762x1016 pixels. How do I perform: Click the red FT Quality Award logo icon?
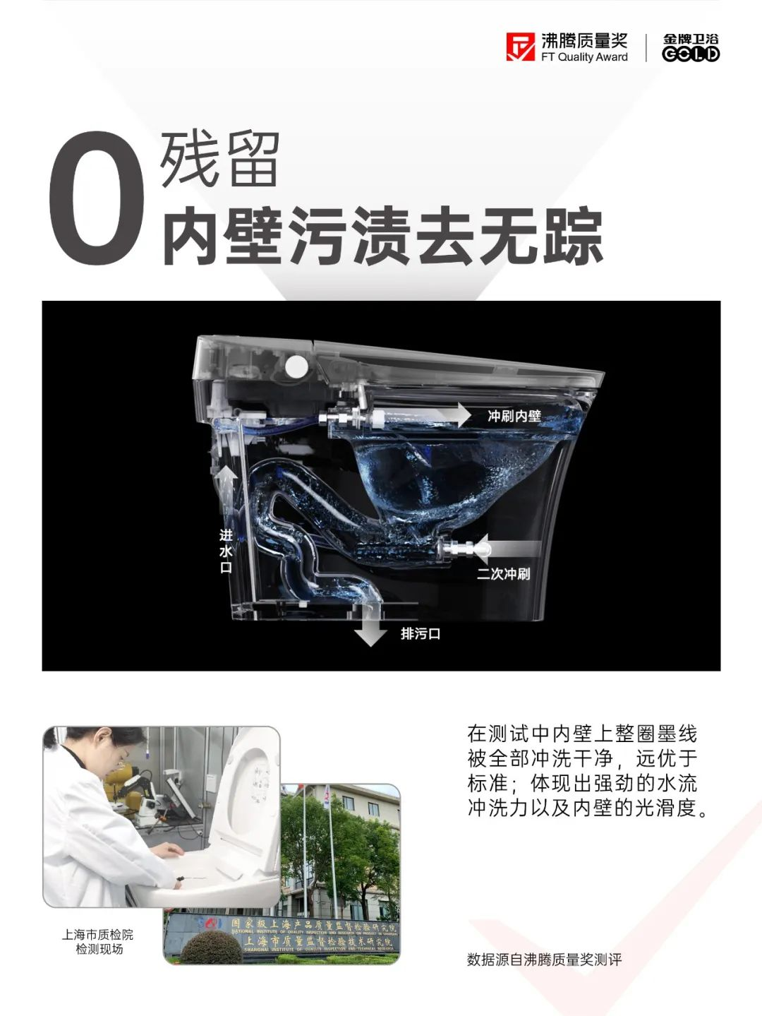tap(521, 47)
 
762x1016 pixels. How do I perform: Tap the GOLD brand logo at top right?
tap(691, 47)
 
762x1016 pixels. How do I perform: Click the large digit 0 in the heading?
tap(97, 199)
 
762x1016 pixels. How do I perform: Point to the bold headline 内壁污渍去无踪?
tap(382, 236)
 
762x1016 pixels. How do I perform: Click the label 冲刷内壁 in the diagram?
tap(514, 417)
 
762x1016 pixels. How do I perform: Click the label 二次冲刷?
tap(503, 573)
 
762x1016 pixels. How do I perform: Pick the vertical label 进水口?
tap(226, 551)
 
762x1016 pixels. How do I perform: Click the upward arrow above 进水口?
tap(226, 484)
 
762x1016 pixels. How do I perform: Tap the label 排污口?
tap(421, 634)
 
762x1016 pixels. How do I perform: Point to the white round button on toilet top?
tap(296, 366)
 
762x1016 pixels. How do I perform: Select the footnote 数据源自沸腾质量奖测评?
tap(544, 960)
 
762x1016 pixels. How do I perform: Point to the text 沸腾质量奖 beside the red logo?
tap(584, 40)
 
